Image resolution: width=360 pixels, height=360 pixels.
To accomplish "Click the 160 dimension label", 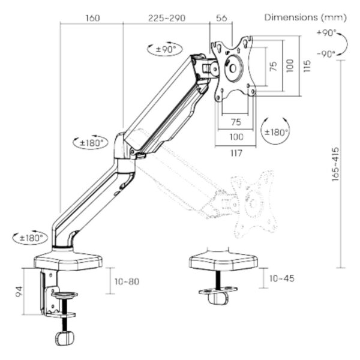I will tap(92, 18).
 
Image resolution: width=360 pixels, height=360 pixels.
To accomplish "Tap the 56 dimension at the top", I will tap(221, 18).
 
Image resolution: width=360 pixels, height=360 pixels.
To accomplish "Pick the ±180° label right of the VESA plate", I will tap(277, 131).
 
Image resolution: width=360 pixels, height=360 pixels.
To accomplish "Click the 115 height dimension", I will tap(307, 65).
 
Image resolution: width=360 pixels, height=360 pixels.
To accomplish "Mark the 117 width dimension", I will tap(235, 153).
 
